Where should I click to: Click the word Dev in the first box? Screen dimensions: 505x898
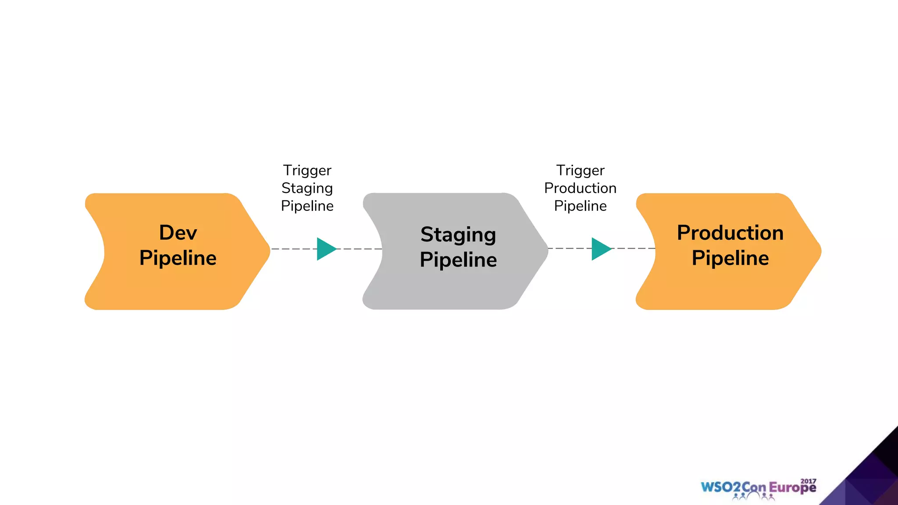[178, 233]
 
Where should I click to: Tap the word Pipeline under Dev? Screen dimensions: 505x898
[178, 258]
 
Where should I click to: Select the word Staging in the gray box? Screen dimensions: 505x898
[458, 235]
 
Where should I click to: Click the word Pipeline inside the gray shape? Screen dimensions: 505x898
[458, 260]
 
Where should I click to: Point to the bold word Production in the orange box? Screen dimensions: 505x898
[730, 233]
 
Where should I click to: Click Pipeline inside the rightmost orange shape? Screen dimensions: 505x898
[730, 258]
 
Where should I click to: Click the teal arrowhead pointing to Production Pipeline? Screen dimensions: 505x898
[600, 249]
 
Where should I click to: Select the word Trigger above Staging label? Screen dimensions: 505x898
[307, 170]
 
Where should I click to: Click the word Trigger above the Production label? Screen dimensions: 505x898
[580, 170]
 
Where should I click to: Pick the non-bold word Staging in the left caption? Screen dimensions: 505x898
[307, 188]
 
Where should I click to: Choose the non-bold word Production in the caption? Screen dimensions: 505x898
[580, 188]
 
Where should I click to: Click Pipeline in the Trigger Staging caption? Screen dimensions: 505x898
[307, 206]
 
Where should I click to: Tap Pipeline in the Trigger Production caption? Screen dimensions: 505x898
[580, 206]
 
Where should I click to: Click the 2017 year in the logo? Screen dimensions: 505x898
[808, 481]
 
